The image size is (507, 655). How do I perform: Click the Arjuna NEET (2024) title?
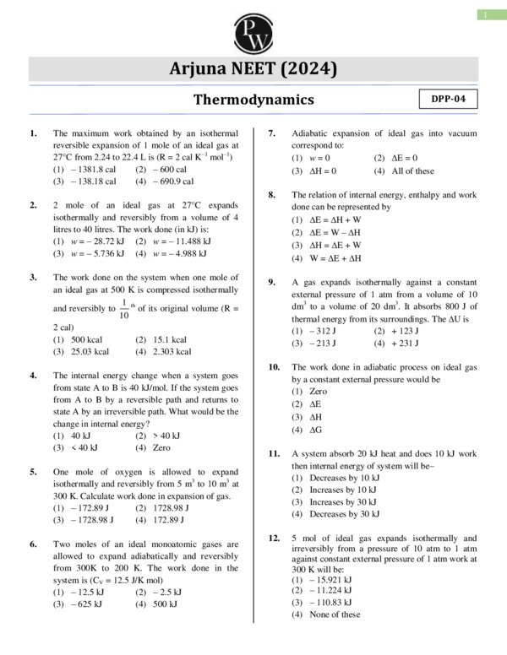[x=253, y=69]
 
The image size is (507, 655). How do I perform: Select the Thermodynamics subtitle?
[x=253, y=100]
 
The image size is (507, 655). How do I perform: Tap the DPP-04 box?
[x=448, y=99]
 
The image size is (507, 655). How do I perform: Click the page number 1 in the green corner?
[x=488, y=14]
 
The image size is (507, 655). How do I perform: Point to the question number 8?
[x=272, y=194]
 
